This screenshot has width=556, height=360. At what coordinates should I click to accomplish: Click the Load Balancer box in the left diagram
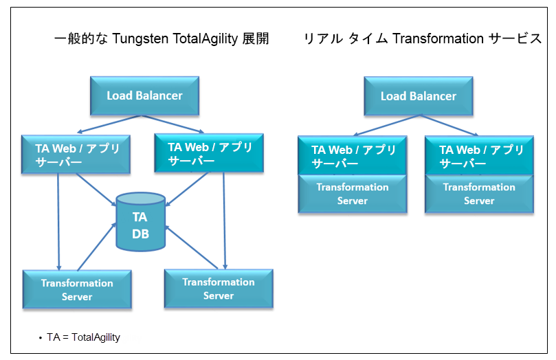(144, 95)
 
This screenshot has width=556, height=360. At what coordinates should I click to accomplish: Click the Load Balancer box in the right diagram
(419, 96)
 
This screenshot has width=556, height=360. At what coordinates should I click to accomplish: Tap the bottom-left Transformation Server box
(77, 290)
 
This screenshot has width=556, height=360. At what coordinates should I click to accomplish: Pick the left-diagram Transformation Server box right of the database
(219, 289)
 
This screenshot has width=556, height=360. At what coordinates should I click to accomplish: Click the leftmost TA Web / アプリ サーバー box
(76, 155)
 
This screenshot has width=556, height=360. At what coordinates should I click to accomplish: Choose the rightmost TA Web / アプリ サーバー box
(478, 156)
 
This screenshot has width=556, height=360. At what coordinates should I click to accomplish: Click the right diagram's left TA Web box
(352, 156)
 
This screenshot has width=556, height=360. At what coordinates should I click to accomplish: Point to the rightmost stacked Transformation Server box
(478, 194)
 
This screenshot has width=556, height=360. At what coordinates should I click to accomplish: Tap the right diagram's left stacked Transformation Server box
(352, 194)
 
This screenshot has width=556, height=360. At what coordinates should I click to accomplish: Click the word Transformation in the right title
(438, 39)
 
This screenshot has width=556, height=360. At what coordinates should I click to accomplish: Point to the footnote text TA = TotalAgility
(83, 337)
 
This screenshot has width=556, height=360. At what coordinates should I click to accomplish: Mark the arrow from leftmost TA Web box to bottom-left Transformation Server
(58, 220)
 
